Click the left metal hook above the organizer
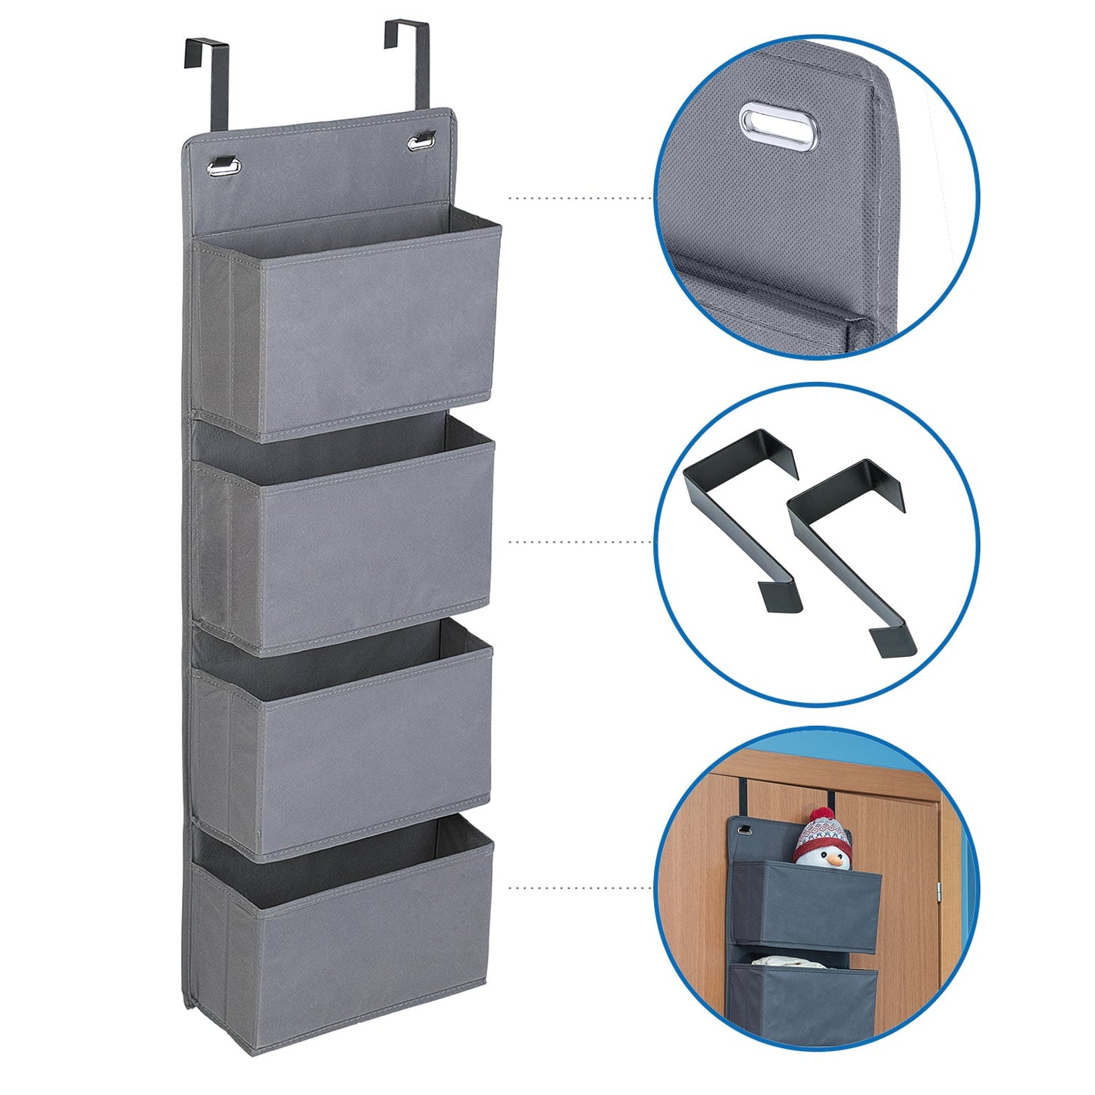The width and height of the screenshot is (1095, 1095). [206, 68]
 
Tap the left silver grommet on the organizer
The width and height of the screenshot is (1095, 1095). [225, 165]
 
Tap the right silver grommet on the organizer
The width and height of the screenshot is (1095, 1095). [422, 141]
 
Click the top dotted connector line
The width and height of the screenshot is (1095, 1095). [580, 199]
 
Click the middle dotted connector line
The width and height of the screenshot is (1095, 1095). [580, 542]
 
